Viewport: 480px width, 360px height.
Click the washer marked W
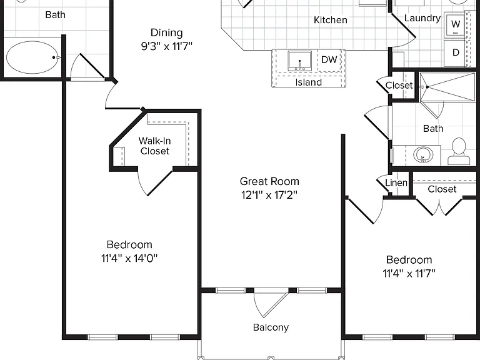pyautogui.click(x=456, y=24)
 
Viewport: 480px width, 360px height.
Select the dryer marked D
pyautogui.click(x=456, y=52)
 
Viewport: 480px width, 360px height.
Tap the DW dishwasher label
pyautogui.click(x=329, y=59)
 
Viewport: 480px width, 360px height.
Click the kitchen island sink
pyautogui.click(x=300, y=61)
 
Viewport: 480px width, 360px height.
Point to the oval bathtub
pyautogui.click(x=32, y=57)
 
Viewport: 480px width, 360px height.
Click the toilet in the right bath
pyautogui.click(x=459, y=151)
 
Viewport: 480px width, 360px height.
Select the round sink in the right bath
pyautogui.click(x=423, y=155)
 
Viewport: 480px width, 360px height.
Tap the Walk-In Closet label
pyautogui.click(x=154, y=146)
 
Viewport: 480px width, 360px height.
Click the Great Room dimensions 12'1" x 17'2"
pyautogui.click(x=269, y=195)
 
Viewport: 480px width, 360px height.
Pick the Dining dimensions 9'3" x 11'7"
pyautogui.click(x=166, y=46)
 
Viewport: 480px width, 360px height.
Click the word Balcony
pyautogui.click(x=271, y=327)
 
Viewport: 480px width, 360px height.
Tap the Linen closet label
pyautogui.click(x=396, y=182)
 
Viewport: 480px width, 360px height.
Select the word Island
pyautogui.click(x=309, y=82)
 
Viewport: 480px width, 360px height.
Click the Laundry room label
pyautogui.click(x=422, y=18)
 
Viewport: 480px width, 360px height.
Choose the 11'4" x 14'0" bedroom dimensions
pyautogui.click(x=129, y=258)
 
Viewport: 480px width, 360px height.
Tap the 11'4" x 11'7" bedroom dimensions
pyautogui.click(x=409, y=273)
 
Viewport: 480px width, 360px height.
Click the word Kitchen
pyautogui.click(x=330, y=20)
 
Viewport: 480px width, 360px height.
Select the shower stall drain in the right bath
pyautogui.click(x=427, y=87)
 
